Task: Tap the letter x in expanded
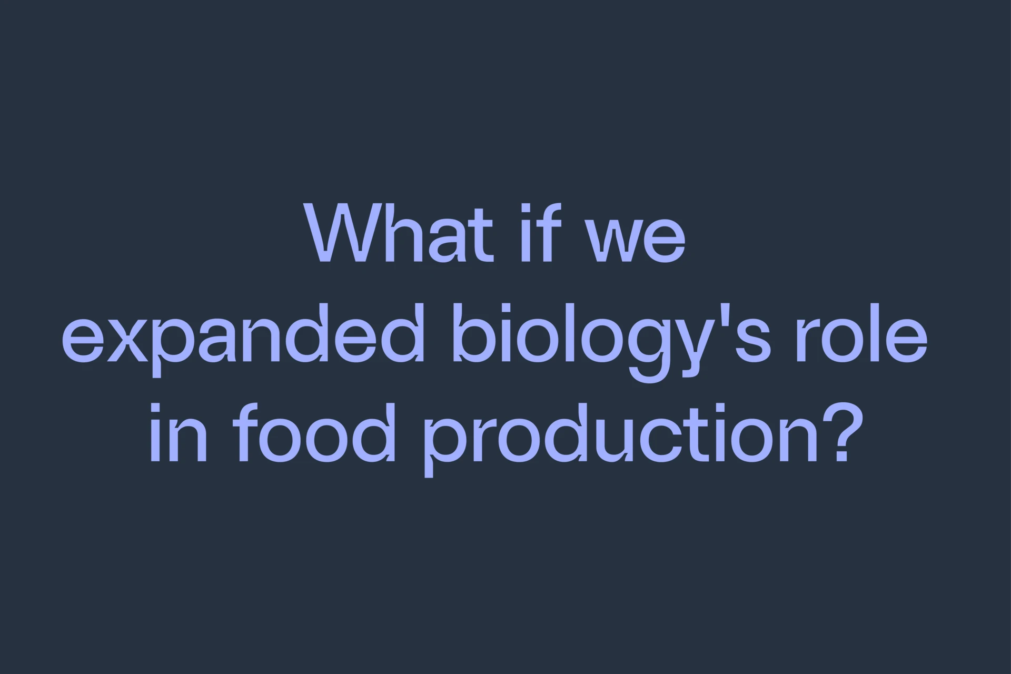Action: (127, 340)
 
